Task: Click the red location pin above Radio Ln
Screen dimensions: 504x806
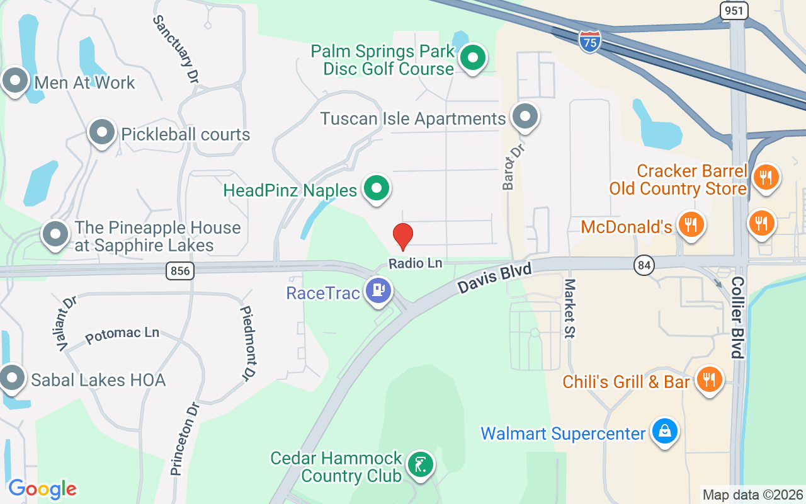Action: click(x=403, y=236)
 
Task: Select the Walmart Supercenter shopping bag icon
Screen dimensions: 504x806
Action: click(x=664, y=432)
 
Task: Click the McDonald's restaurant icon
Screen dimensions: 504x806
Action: click(x=691, y=224)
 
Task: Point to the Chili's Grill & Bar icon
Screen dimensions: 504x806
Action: click(x=710, y=379)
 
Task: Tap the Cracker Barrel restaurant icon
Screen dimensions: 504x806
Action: click(x=766, y=177)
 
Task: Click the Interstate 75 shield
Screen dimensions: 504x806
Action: click(x=590, y=40)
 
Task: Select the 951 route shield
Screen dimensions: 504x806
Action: click(x=734, y=10)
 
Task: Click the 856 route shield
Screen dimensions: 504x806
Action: click(x=180, y=271)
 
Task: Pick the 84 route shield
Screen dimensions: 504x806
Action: click(x=644, y=266)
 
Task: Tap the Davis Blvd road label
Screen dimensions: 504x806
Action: click(x=495, y=278)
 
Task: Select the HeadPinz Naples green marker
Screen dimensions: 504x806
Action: click(x=377, y=188)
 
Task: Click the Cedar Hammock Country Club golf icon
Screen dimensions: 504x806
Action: click(x=419, y=464)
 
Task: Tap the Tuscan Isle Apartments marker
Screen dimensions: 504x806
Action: click(x=524, y=117)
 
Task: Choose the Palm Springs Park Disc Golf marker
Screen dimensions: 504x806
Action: click(x=472, y=58)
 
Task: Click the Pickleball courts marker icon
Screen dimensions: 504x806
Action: click(x=102, y=133)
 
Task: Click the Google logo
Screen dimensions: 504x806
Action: click(x=42, y=489)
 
